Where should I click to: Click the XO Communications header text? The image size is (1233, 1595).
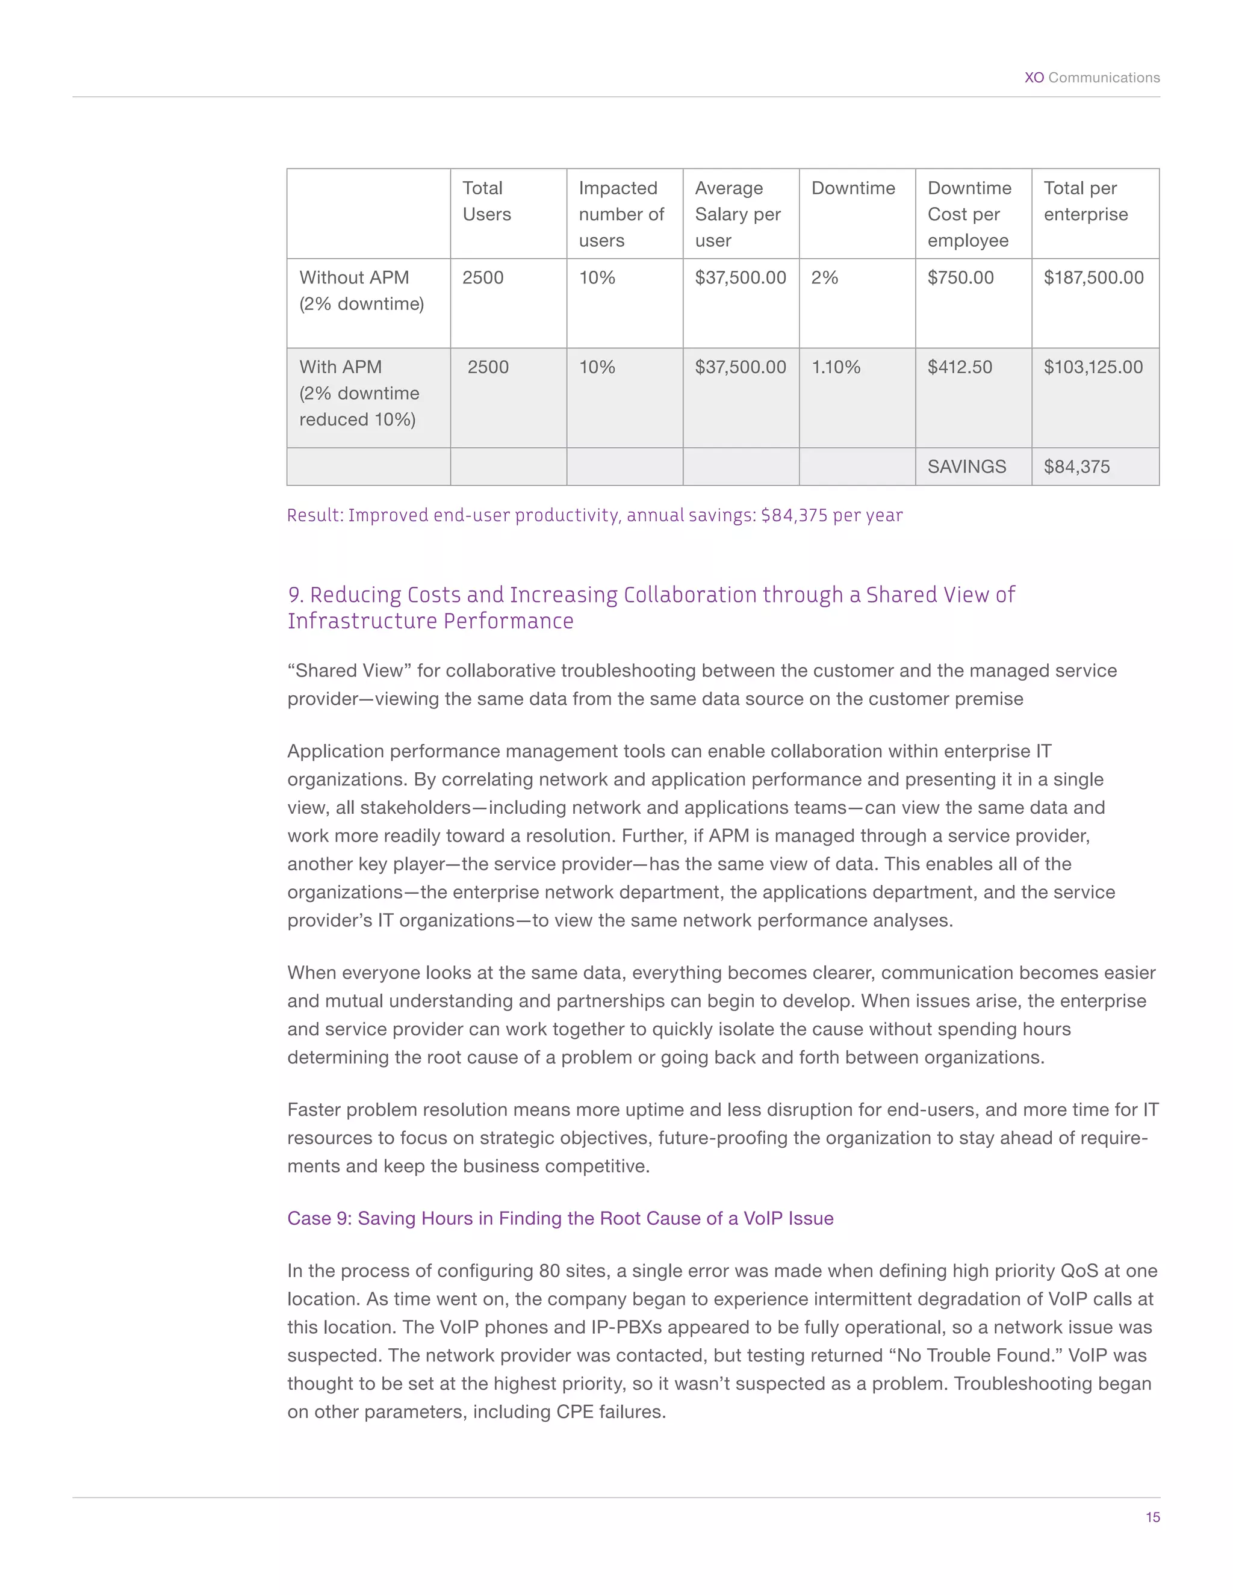[x=1092, y=78]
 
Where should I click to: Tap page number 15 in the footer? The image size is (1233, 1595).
[x=1152, y=1517]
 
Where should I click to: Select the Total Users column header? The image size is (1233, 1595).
[x=486, y=201]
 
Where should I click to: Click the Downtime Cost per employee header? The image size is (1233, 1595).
[x=969, y=214]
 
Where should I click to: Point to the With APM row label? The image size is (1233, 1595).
[x=359, y=393]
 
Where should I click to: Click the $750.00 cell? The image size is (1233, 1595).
[x=960, y=277]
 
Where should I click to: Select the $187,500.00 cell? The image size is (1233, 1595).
[x=1093, y=277]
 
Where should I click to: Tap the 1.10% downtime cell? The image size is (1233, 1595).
[x=836, y=367]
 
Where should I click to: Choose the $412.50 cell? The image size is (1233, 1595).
[x=960, y=367]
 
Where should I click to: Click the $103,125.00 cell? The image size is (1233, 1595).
[x=1093, y=367]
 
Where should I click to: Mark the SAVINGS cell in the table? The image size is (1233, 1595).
[x=966, y=466]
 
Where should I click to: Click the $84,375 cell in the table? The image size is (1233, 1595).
[x=1076, y=466]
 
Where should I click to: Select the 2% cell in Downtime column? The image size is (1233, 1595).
[x=825, y=277]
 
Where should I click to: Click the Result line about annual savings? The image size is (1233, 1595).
[x=595, y=516]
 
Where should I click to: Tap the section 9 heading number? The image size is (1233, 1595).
[x=296, y=595]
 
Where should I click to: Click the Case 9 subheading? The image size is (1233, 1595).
[x=561, y=1218]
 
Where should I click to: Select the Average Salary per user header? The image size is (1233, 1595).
[x=738, y=214]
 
